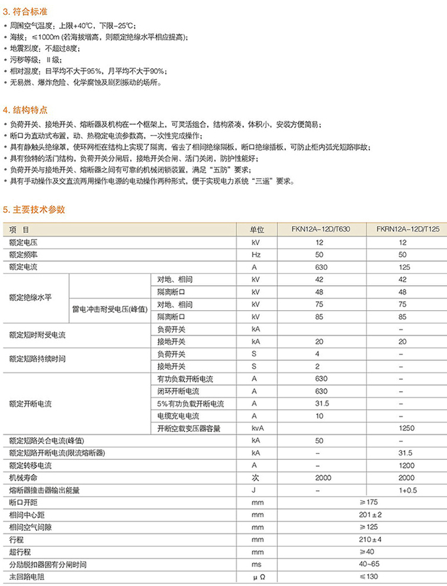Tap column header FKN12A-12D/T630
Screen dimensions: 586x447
point(320,229)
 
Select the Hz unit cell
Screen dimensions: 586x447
point(256,255)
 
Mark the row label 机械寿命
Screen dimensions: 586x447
point(22,478)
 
